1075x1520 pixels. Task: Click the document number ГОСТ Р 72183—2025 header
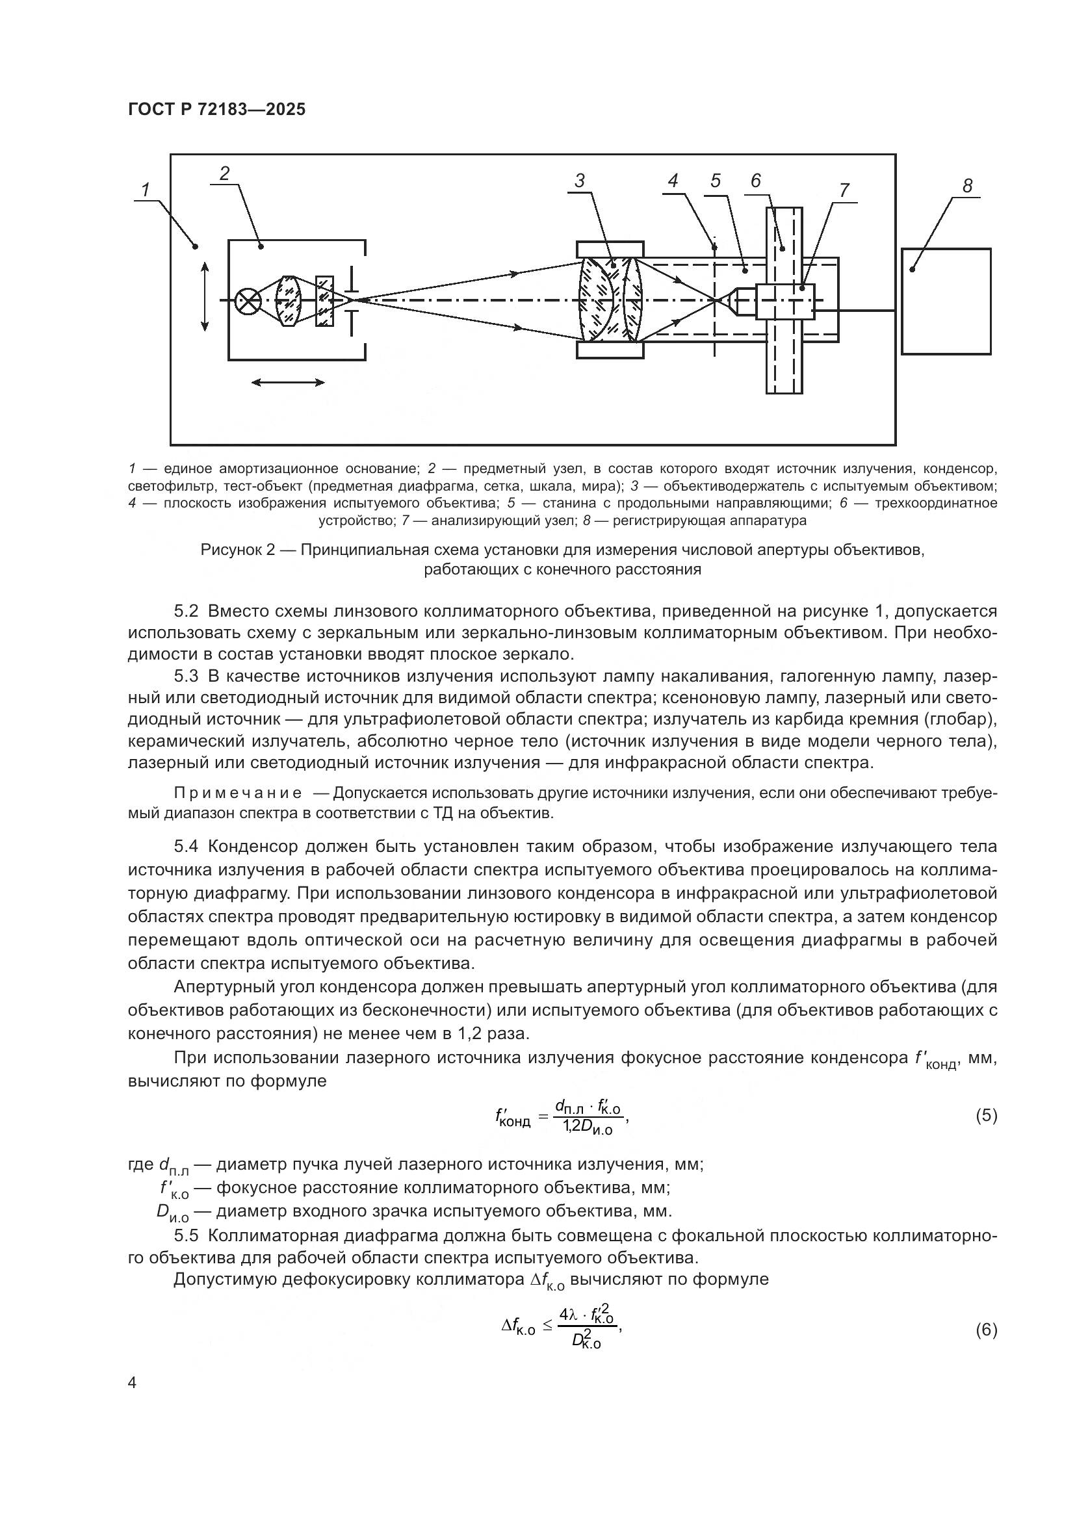tap(216, 109)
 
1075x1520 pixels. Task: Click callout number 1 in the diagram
tap(145, 190)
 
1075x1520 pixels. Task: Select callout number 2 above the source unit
tap(224, 174)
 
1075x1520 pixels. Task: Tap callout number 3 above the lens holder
tap(579, 181)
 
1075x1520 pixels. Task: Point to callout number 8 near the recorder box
tap(967, 186)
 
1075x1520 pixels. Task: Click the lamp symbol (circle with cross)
tap(249, 301)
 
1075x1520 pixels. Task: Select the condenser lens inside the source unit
tap(289, 301)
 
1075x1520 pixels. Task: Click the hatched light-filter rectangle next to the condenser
tap(324, 301)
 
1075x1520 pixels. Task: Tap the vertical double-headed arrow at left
tap(205, 296)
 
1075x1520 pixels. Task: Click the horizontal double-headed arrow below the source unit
tap(288, 382)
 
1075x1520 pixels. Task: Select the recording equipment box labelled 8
tap(946, 302)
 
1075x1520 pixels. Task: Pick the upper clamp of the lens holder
tap(610, 249)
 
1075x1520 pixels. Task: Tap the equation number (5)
tap(986, 1116)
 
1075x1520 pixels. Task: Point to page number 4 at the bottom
tap(133, 1382)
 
